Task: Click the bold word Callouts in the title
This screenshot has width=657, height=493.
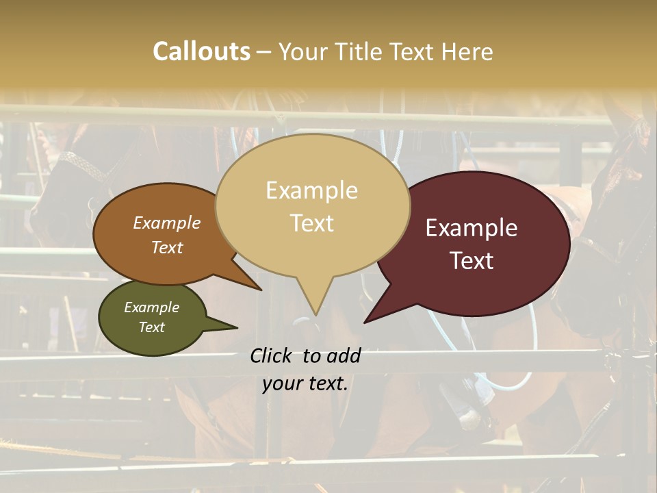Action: (201, 51)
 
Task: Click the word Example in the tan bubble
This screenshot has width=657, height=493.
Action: (311, 190)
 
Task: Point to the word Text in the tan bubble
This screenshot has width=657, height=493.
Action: (311, 223)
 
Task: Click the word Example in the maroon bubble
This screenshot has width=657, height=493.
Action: (472, 228)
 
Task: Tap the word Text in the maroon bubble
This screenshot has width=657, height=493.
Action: (472, 260)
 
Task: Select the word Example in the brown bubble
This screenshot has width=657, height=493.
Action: (166, 223)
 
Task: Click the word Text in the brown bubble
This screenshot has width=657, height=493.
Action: (166, 247)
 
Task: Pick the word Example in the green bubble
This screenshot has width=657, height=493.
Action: (151, 307)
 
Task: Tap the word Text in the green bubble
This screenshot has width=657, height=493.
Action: (151, 327)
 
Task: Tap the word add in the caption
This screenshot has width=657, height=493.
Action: (343, 355)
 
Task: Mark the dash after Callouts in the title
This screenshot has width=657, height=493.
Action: (264, 51)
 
